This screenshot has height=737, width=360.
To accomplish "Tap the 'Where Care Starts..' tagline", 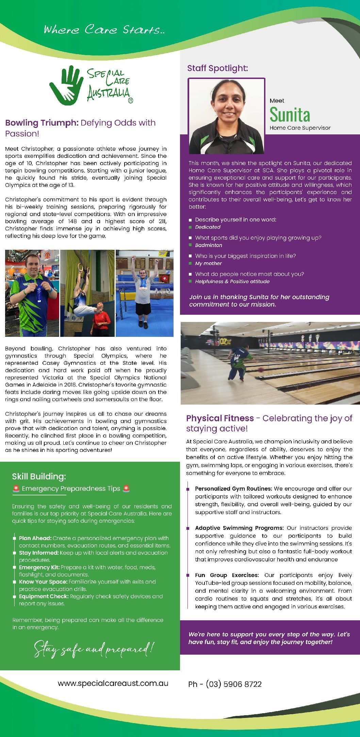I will (104, 30).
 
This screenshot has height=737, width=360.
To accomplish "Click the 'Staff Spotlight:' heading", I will (217, 68).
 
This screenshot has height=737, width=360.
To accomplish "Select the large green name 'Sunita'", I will (290, 115).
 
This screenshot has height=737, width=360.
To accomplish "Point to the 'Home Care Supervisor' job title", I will (300, 128).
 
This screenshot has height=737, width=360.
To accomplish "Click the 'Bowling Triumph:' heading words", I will (42, 123).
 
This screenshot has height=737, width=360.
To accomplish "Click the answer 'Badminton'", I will (208, 245).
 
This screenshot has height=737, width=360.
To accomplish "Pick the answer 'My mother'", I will (208, 263).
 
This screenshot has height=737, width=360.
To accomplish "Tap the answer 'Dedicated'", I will (208, 227).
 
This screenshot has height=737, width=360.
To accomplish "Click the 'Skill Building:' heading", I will (39, 476).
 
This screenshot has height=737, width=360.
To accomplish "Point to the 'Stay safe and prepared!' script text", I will (94, 649).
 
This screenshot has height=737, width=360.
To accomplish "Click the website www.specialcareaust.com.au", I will (113, 683).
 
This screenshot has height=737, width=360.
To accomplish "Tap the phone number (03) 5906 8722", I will (233, 684).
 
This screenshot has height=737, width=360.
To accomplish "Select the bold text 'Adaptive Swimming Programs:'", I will (239, 528).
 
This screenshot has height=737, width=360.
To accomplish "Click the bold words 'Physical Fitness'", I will (220, 418).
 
